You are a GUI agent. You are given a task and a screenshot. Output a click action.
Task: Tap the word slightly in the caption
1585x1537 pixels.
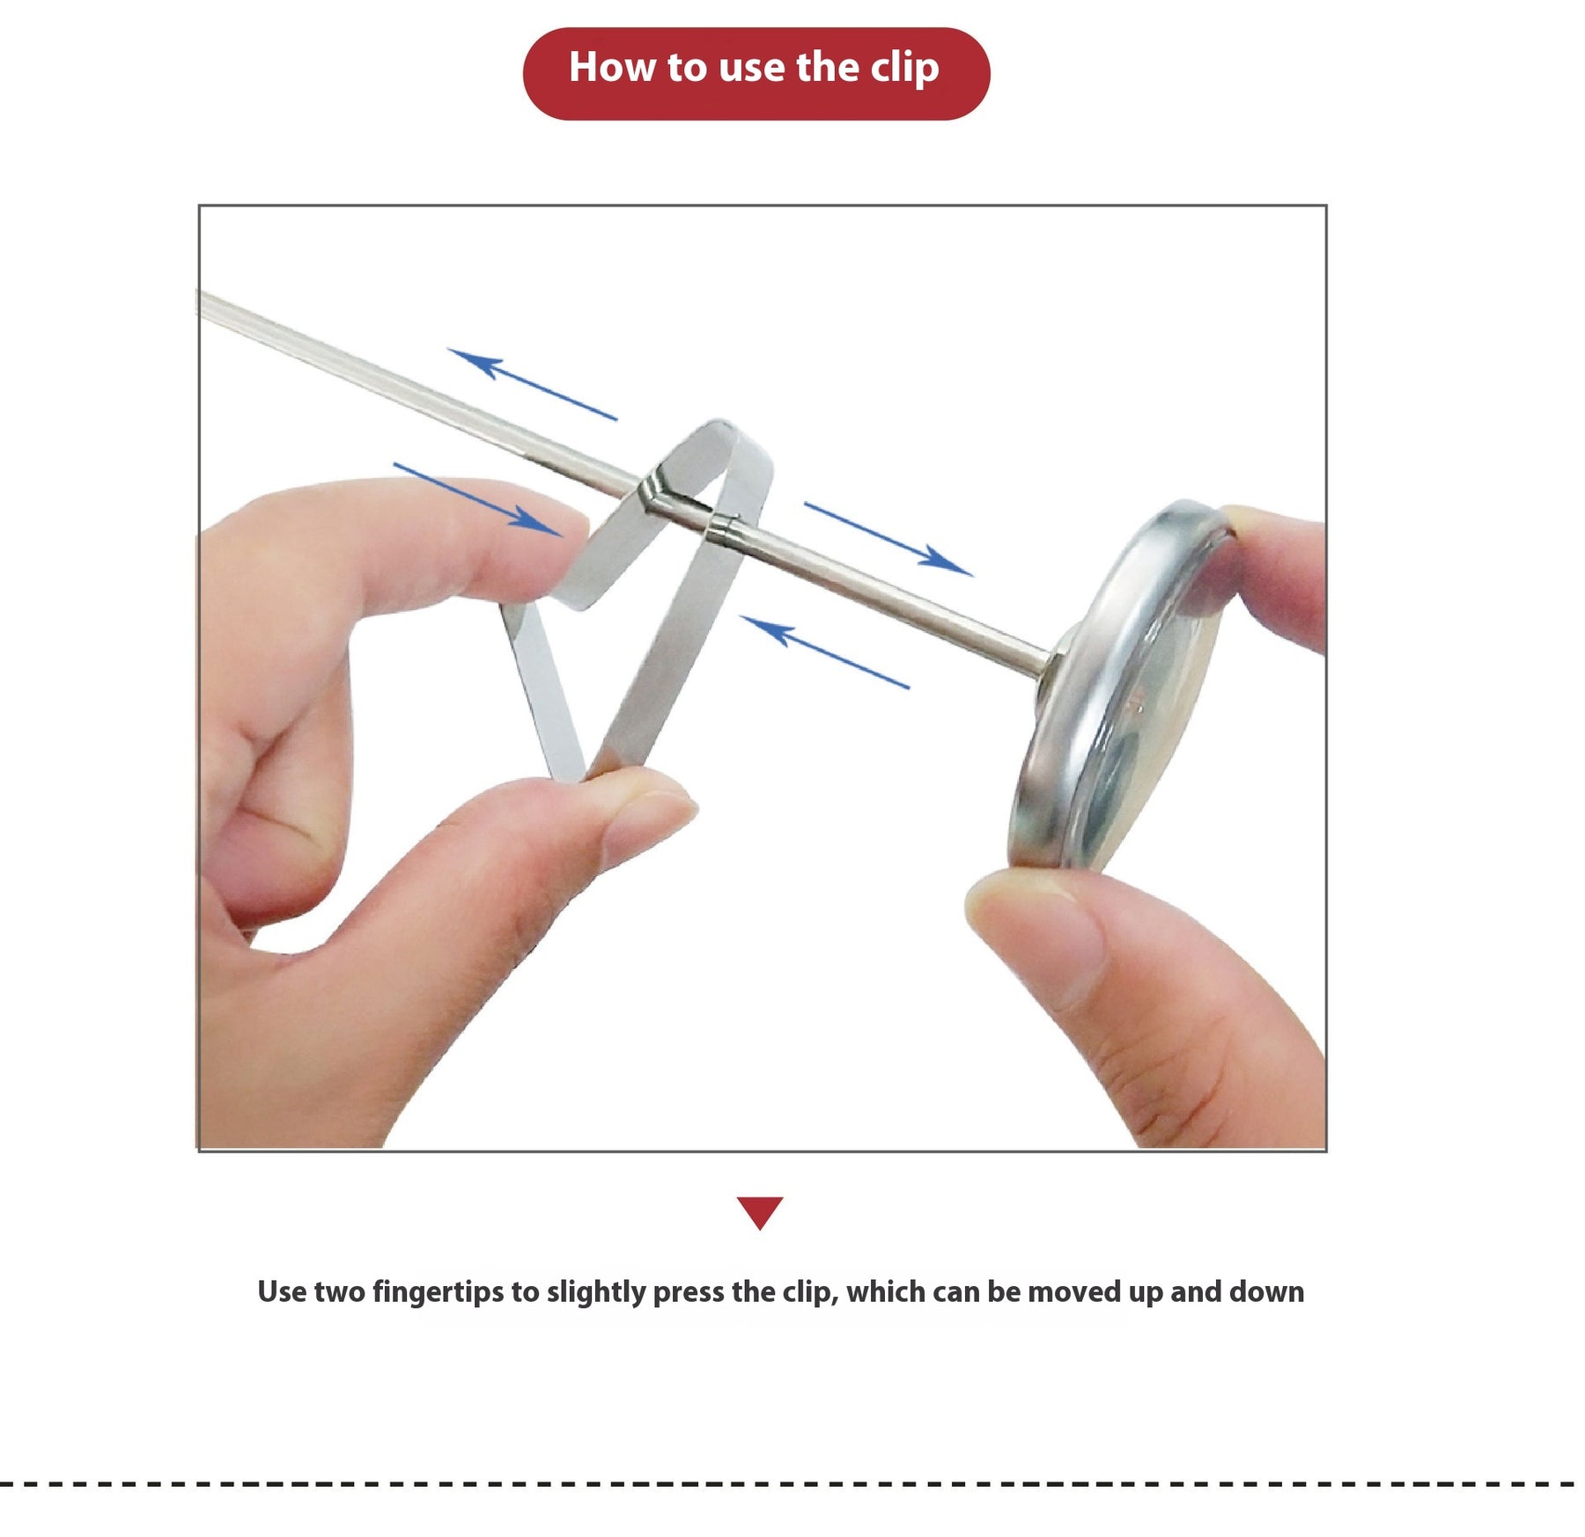(x=596, y=1292)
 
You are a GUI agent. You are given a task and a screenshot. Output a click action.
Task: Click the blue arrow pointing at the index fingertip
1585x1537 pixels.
(x=477, y=498)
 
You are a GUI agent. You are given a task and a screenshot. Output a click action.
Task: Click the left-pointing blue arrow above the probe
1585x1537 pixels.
(x=532, y=384)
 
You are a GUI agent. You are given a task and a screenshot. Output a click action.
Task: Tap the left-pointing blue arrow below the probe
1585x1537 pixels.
(x=824, y=651)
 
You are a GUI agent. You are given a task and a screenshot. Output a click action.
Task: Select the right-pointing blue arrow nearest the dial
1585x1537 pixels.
(x=888, y=539)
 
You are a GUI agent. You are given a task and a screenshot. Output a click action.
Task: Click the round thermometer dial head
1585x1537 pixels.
(x=1118, y=687)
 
